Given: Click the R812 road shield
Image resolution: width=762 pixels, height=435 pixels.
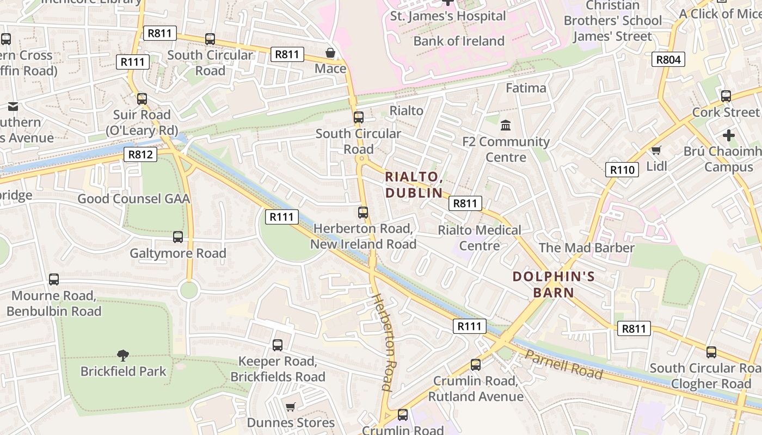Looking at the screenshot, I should pos(140,154).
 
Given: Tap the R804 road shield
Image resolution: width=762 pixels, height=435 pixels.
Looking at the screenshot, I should pos(668,59).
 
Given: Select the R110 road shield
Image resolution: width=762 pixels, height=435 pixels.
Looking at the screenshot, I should pos(622,170).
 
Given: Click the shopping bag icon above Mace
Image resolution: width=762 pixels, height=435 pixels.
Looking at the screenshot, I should pos(330,53).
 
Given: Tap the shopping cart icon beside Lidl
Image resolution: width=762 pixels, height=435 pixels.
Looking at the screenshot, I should pos(656,150).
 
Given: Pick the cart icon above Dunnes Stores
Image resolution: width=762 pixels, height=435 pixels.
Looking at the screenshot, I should pos(291,407).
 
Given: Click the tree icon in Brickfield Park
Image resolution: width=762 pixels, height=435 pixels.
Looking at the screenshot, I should pos(123,356).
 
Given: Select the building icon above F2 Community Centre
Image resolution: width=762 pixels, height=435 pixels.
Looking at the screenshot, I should pos(506,126).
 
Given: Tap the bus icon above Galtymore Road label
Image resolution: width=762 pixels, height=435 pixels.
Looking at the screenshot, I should pos(178,237).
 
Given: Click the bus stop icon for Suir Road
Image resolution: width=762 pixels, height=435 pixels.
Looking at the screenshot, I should pos(142,99).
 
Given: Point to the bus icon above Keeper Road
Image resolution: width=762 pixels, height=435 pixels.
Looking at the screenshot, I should pos(278,345).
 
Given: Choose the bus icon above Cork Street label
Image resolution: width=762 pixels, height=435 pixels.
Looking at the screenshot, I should pos(726,96).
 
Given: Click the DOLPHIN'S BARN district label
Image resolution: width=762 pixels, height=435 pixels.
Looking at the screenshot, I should pos(554,284).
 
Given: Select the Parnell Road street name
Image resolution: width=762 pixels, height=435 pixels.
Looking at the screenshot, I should pos(564,365).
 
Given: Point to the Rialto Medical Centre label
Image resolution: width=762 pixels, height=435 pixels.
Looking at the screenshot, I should pos(480,238).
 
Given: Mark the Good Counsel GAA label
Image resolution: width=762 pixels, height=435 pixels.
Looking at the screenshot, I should pos(134,198).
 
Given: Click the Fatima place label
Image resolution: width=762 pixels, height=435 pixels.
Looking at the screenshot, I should pos(526,88).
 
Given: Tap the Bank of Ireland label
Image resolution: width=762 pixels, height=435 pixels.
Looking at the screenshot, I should pos(459,41).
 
